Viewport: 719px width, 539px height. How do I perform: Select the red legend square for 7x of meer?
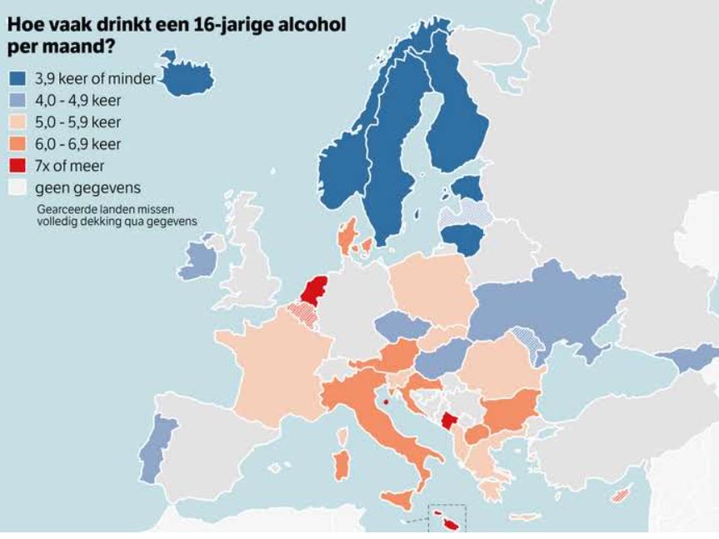tap(18, 165)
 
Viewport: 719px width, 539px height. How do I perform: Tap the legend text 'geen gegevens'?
tap(81, 187)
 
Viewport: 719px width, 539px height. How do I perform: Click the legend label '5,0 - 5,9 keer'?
tap(82, 122)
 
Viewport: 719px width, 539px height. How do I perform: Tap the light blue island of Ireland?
tap(197, 260)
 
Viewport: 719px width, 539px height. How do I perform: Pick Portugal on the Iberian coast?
tap(151, 449)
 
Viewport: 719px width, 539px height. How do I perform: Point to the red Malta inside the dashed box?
tap(452, 525)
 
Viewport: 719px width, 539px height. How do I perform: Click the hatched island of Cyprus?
tap(620, 495)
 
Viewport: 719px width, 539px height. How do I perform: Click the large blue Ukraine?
tap(558, 300)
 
